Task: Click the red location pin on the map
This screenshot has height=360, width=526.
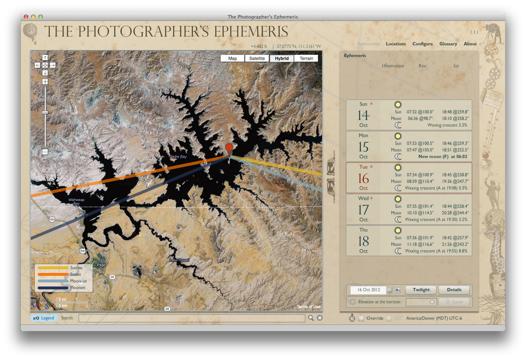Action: click(229, 148)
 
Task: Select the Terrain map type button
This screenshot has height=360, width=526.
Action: click(306, 59)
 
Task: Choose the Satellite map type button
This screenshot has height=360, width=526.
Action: click(257, 59)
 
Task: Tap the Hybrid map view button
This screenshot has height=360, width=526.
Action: click(282, 59)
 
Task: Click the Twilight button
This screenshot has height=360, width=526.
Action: click(421, 290)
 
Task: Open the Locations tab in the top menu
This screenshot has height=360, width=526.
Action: click(396, 44)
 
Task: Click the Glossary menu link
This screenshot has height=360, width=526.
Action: click(448, 44)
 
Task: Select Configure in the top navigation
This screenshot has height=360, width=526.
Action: click(422, 44)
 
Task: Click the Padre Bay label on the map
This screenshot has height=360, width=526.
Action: click(178, 157)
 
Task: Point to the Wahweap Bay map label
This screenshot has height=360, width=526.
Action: click(77, 201)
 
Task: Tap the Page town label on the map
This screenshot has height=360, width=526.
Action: click(101, 265)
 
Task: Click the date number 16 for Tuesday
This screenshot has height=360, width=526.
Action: click(363, 179)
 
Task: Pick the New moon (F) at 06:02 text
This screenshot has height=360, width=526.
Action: click(443, 157)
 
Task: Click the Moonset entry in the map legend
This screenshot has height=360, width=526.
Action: click(78, 288)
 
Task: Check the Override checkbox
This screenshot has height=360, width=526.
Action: click(361, 319)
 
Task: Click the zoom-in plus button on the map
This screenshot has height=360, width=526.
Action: click(45, 82)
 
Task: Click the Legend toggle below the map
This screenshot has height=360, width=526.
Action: click(44, 318)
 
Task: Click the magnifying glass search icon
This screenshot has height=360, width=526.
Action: click(311, 318)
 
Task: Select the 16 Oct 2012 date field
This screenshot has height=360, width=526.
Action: click(369, 290)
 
